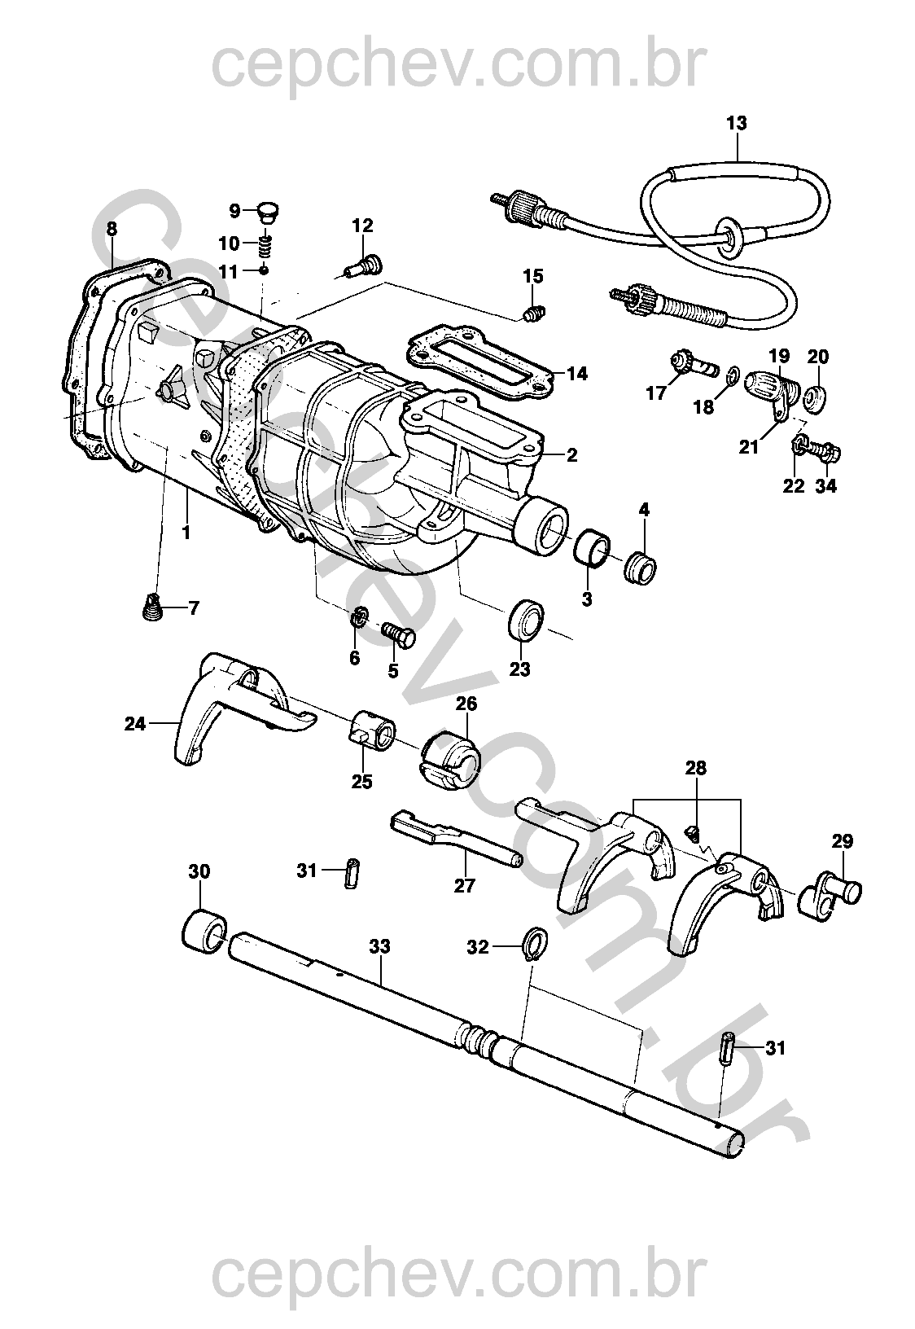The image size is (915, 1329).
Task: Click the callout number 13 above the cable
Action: coord(737,124)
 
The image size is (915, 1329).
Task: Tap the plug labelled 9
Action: coord(269,211)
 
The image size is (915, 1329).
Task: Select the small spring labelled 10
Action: coord(265,243)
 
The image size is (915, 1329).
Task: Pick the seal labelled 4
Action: coord(640,568)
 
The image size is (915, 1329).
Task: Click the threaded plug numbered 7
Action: coord(154,607)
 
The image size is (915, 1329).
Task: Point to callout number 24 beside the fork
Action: coord(134,724)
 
